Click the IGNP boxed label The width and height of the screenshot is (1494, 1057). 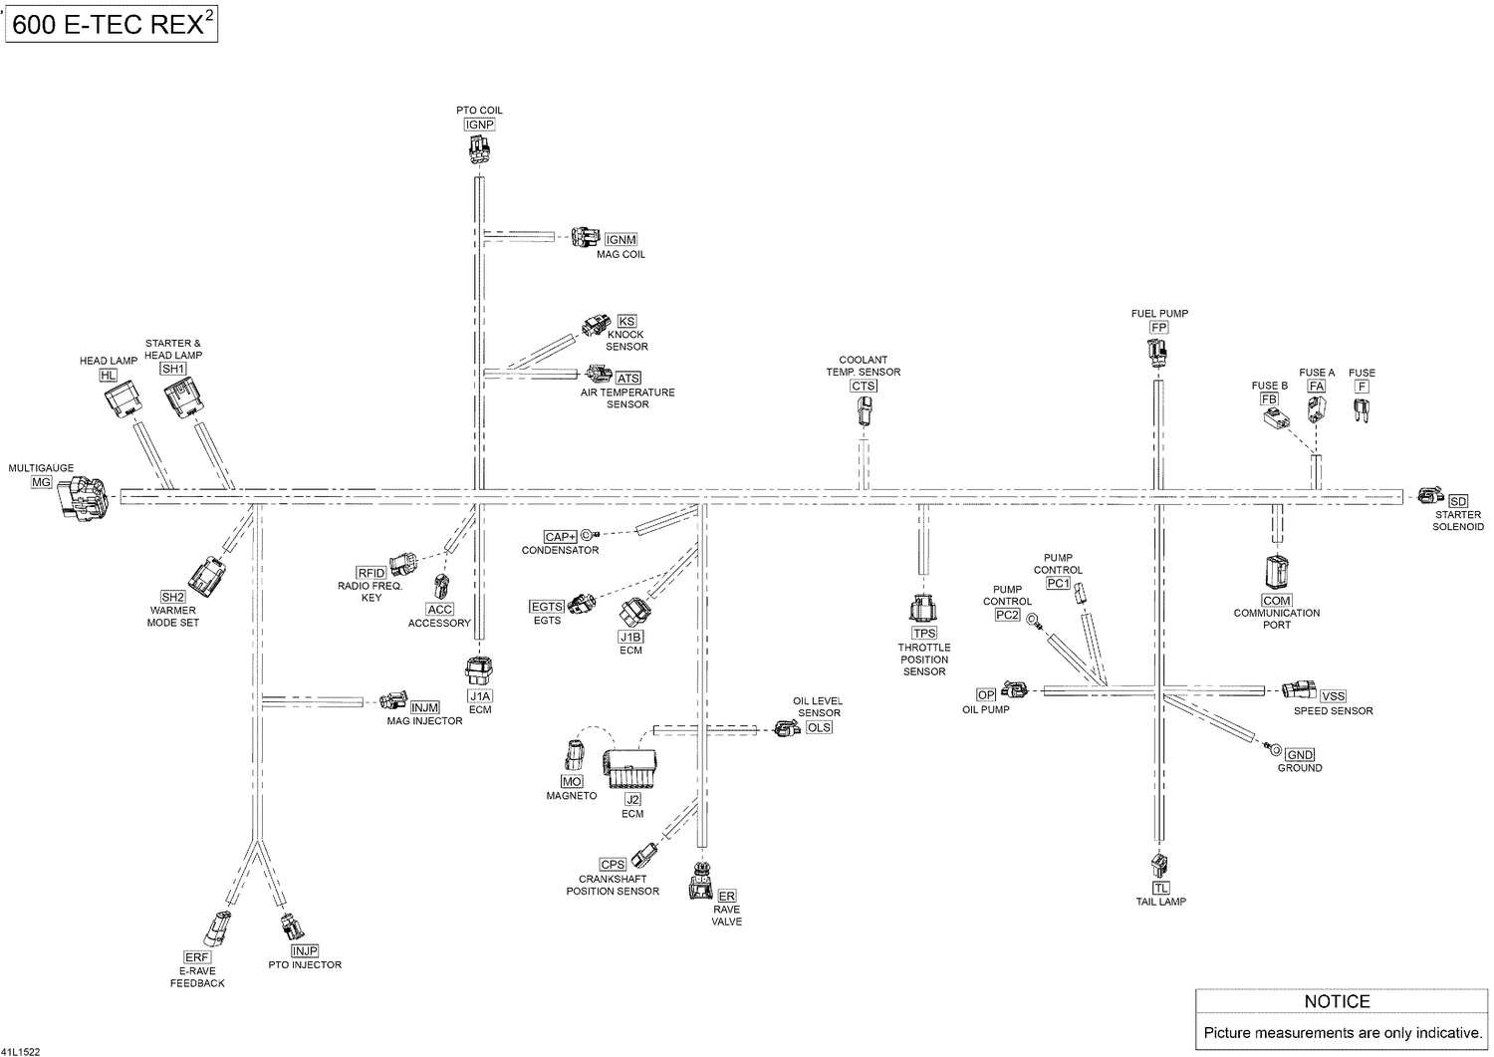pyautogui.click(x=479, y=125)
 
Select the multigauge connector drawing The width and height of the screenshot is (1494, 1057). pyautogui.click(x=82, y=498)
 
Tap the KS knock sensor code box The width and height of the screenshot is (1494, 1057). pyautogui.click(x=626, y=321)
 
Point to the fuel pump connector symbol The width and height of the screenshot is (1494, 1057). pyautogui.click(x=1158, y=353)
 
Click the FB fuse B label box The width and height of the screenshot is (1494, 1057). pyautogui.click(x=1269, y=399)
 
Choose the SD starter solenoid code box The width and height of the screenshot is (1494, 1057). pyautogui.click(x=1458, y=501)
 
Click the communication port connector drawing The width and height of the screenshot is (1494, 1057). pyautogui.click(x=1277, y=572)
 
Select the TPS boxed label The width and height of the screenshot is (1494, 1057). pyautogui.click(x=923, y=634)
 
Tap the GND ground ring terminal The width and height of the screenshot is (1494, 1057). pyautogui.click(x=1274, y=749)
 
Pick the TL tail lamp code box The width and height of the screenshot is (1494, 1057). pyautogui.click(x=1160, y=889)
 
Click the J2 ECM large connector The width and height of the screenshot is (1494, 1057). pyautogui.click(x=629, y=769)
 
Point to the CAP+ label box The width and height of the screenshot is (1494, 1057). pyautogui.click(x=560, y=537)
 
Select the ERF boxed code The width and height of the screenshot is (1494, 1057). pyautogui.click(x=197, y=957)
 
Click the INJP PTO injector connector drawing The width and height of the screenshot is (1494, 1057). pyautogui.click(x=292, y=926)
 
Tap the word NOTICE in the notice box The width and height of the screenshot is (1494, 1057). pyautogui.click(x=1337, y=1001)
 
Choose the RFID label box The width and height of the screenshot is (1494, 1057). pyautogui.click(x=371, y=573)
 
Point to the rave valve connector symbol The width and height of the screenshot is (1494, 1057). pyautogui.click(x=701, y=880)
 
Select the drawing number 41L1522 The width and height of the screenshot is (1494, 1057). pyautogui.click(x=21, y=1052)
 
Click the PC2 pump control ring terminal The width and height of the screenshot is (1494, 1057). pyautogui.click(x=1033, y=621)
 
